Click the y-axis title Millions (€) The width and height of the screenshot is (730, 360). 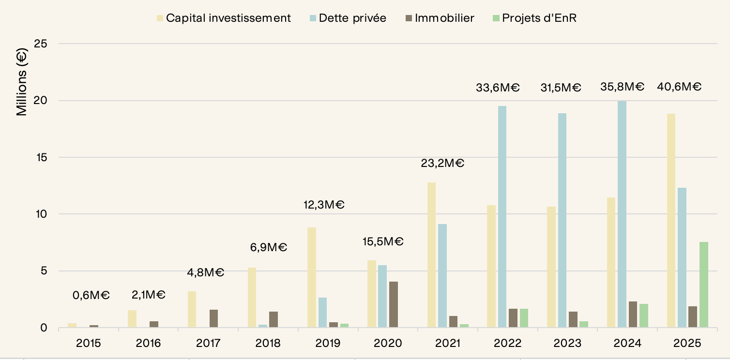22,82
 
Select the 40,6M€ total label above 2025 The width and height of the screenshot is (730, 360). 679,87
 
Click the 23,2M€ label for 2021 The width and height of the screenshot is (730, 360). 442,163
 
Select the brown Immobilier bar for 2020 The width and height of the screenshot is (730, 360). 394,304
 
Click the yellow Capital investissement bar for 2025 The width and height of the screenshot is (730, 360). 671,221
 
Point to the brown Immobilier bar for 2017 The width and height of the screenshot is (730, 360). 213,318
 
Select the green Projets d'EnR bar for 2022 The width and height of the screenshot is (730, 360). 524,318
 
